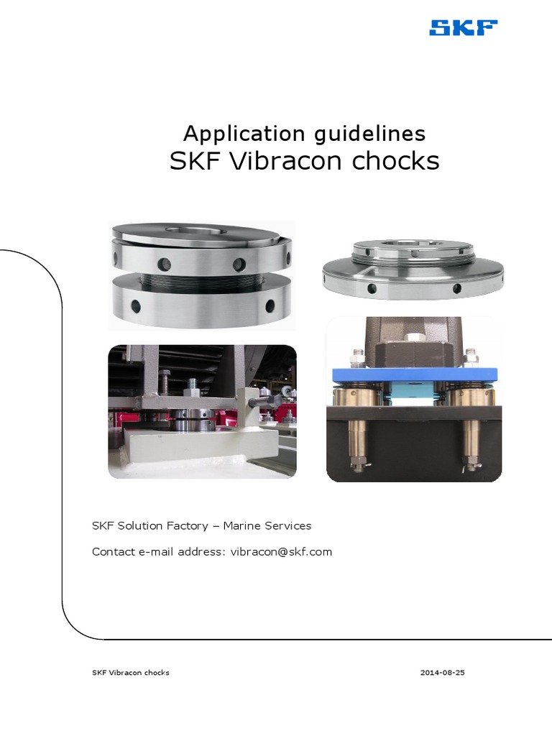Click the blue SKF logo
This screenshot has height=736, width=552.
pos(463,28)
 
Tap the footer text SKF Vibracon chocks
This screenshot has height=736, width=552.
pos(131,673)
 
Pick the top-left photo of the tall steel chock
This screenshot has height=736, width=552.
pos(201,275)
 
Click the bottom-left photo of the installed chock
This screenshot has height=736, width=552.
pos(202,412)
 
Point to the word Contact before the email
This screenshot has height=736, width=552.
pos(113,552)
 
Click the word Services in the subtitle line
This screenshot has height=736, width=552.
pos(288,526)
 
